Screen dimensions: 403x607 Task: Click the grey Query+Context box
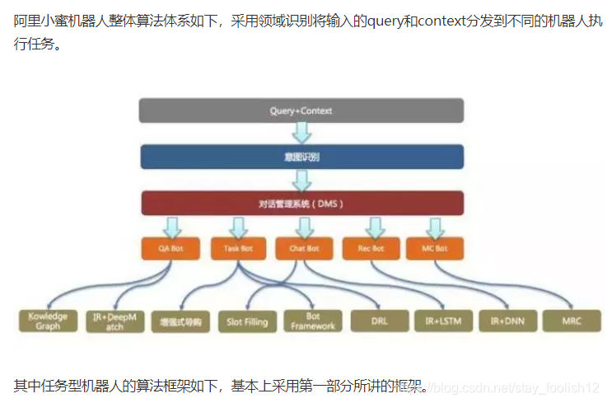301,110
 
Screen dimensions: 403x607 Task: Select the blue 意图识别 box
301,157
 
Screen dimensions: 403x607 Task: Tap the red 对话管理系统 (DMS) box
301,203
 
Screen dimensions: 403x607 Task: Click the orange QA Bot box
170,247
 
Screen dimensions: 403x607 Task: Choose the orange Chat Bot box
304,247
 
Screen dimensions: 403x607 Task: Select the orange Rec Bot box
371,247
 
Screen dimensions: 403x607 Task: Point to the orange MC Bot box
434,247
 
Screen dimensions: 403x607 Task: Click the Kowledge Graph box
48,321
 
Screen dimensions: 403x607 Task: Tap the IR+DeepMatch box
114,321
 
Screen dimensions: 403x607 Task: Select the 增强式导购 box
180,321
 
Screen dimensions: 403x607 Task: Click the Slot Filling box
247,321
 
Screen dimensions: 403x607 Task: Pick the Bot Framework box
312,321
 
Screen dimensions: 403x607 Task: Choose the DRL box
378,321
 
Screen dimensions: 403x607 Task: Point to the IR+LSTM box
443,321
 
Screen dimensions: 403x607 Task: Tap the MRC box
572,321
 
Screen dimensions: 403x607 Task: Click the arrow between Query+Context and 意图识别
301,133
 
